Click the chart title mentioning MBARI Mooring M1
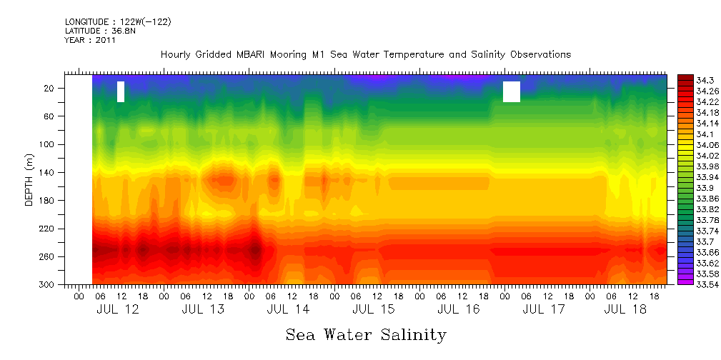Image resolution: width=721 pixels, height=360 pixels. (365, 55)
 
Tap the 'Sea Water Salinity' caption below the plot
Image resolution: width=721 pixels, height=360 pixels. (366, 334)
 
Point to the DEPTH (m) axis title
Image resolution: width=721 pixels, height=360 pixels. (29, 182)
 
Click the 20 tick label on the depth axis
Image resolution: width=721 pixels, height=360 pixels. (51, 88)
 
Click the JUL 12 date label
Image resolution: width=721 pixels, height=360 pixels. (118, 309)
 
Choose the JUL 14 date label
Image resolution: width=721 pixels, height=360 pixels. (288, 309)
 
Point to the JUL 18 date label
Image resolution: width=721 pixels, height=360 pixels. (625, 309)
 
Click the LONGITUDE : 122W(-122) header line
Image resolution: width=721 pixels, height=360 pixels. (118, 22)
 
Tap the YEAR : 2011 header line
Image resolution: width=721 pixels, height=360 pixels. (90, 41)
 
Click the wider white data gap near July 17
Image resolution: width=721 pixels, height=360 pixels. (511, 91)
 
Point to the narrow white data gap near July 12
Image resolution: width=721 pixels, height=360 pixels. (121, 91)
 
